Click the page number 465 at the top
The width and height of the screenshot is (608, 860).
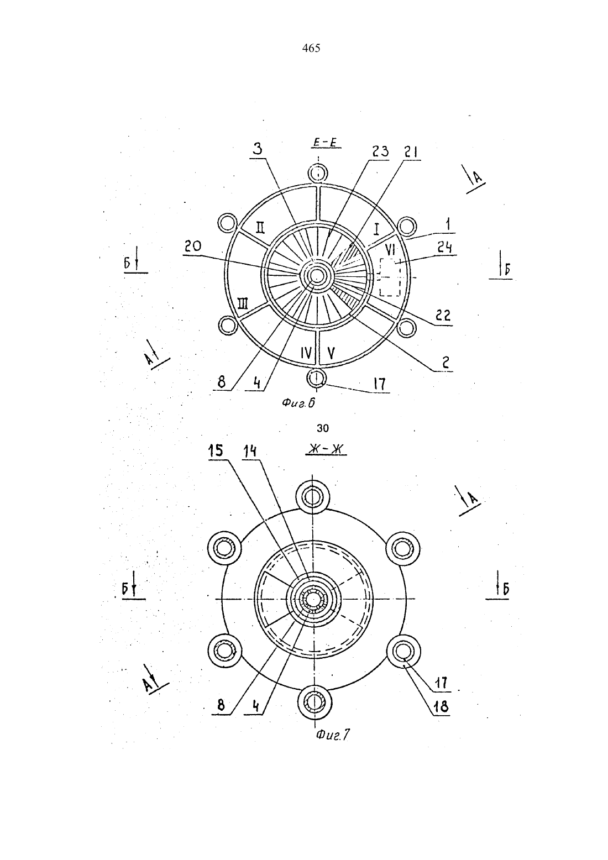coord(311,49)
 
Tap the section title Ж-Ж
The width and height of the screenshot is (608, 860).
coord(326,449)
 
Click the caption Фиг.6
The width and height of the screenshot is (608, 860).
coord(298,403)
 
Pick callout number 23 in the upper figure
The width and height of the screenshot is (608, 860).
coord(380,151)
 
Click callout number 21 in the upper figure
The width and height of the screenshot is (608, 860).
coord(410,151)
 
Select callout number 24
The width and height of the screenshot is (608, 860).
coord(444,248)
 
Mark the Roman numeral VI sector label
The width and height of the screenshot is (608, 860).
coord(390,251)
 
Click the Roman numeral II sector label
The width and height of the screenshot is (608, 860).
coord(260,228)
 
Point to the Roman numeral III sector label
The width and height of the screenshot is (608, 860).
coord(243,305)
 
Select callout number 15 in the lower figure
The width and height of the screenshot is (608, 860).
coord(216,451)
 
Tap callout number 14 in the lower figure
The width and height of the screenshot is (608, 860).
coord(249,452)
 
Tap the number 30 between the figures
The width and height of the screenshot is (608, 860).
coord(323,428)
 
